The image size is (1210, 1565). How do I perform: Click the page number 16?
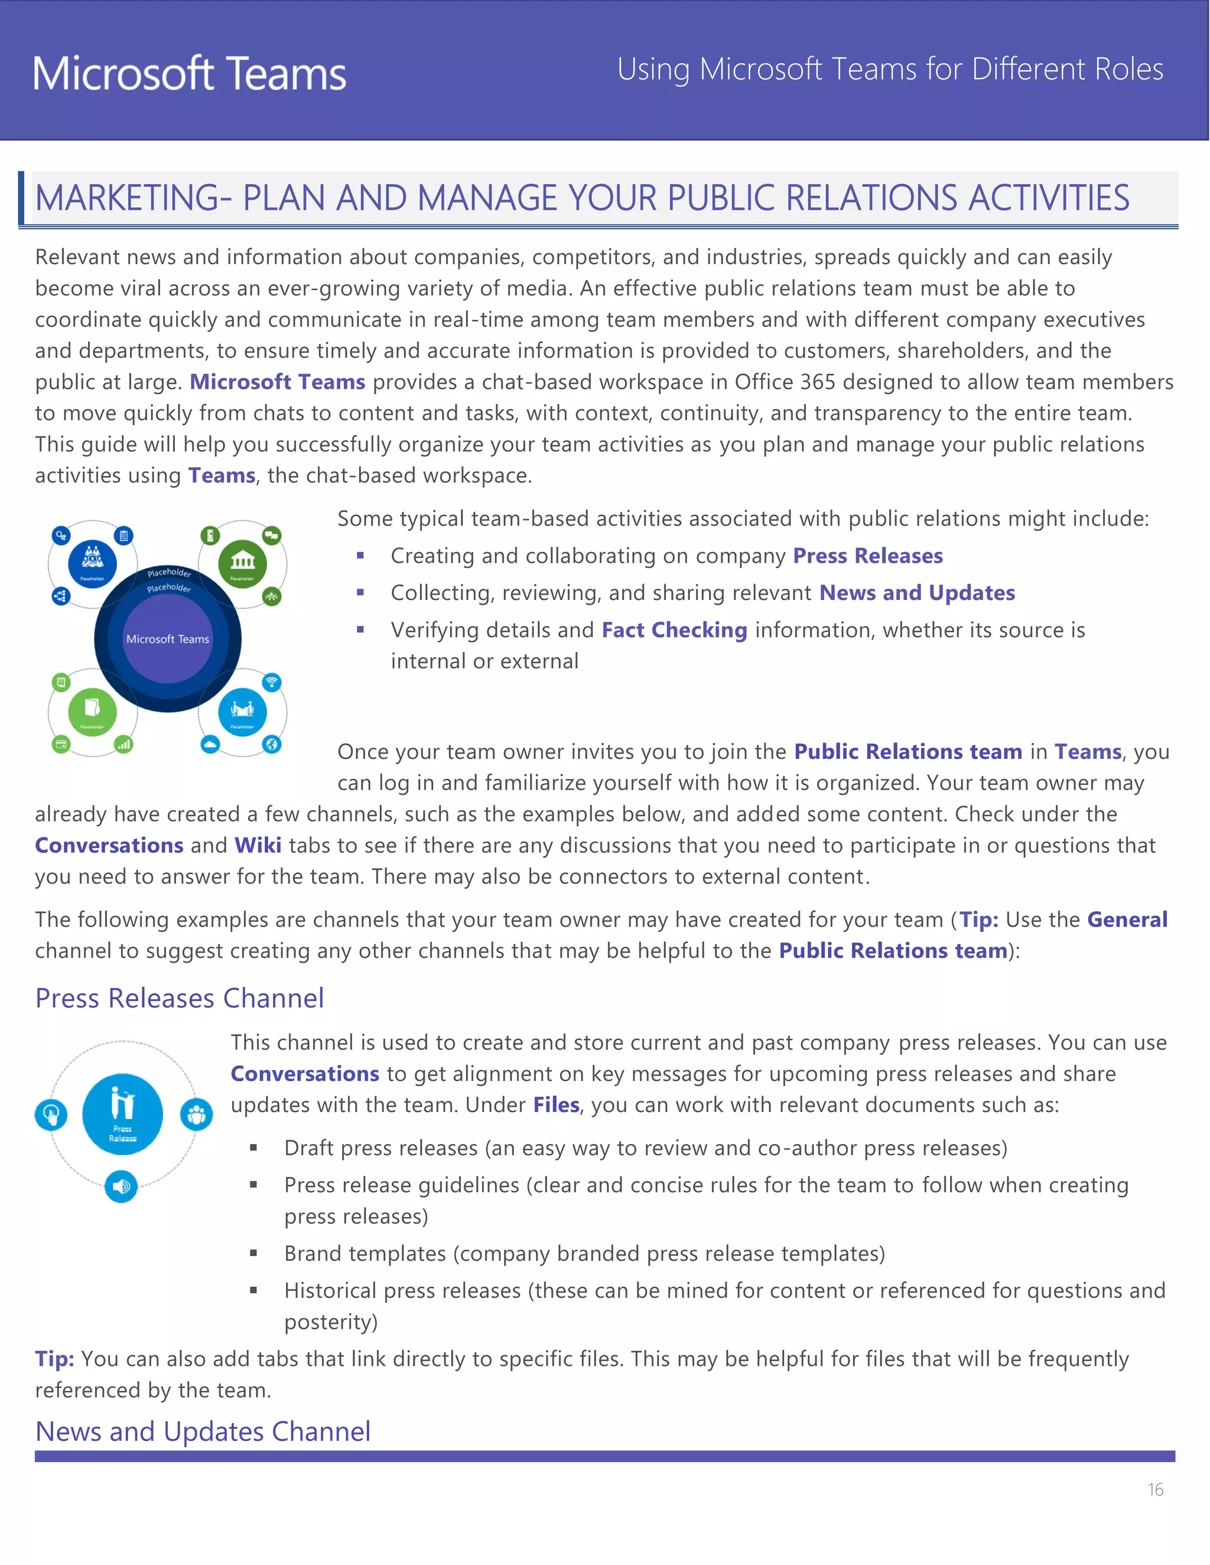(1155, 1490)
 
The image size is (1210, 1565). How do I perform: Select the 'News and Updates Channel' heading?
(203, 1431)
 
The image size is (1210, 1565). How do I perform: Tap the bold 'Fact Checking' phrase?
(674, 630)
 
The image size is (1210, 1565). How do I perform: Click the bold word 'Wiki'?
(258, 846)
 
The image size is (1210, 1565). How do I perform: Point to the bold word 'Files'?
(555, 1105)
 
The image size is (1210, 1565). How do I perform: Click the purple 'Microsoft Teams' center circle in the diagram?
(168, 638)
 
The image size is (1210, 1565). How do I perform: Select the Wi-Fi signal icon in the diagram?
(272, 682)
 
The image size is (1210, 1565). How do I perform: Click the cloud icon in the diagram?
(210, 745)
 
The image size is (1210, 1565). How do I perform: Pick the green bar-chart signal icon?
(125, 745)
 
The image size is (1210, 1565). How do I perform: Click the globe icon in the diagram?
(272, 745)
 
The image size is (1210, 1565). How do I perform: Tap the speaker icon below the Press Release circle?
(121, 1186)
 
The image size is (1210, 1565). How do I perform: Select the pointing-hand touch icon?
(51, 1114)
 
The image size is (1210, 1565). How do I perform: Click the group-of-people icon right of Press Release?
(196, 1114)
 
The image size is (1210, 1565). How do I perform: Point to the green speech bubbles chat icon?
(272, 535)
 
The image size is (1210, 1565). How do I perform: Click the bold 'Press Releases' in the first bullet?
(867, 556)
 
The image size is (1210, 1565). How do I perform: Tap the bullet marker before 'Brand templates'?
(253, 1253)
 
